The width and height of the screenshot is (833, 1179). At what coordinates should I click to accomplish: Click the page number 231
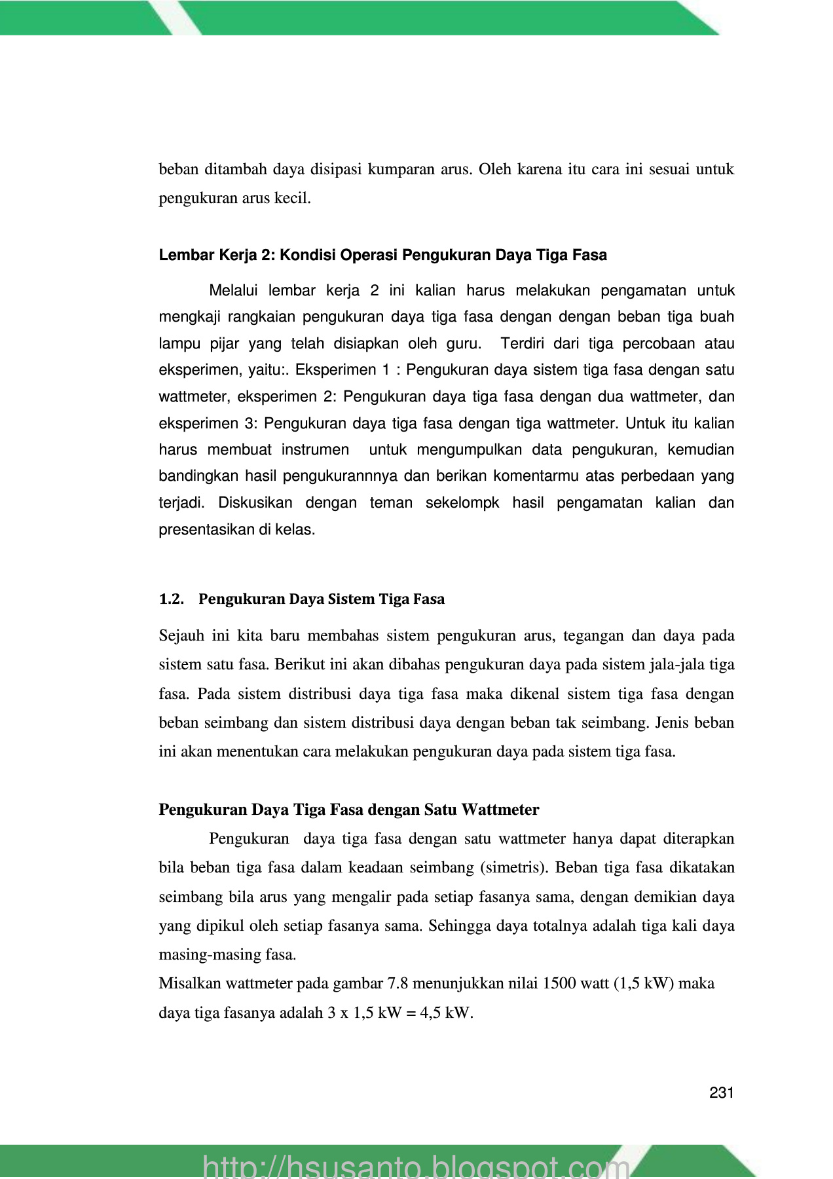click(721, 1093)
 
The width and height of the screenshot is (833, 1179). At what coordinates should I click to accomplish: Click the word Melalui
click(234, 290)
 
